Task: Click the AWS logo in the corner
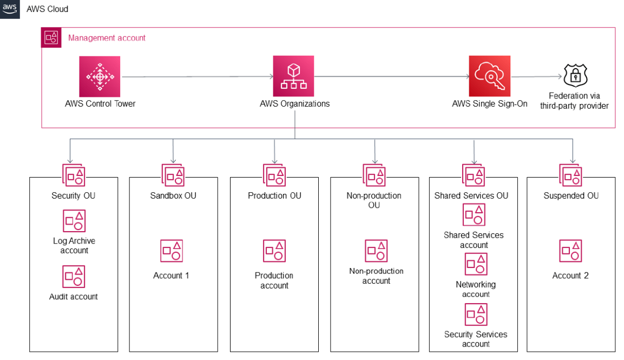tap(10, 9)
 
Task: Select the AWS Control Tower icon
tap(100, 76)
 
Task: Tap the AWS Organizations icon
tap(293, 76)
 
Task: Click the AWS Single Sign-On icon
tap(489, 76)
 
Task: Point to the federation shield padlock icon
tap(575, 76)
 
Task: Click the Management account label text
tap(107, 38)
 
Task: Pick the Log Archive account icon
tap(74, 221)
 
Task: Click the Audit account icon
tap(74, 276)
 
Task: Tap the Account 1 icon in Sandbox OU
tap(172, 251)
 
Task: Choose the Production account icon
tap(274, 251)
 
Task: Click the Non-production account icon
tap(376, 251)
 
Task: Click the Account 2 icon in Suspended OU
tap(570, 251)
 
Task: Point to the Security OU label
tap(74, 195)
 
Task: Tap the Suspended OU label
tap(571, 195)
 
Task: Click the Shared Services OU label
tap(471, 195)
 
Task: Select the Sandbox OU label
tap(173, 195)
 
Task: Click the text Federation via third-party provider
tap(574, 101)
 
